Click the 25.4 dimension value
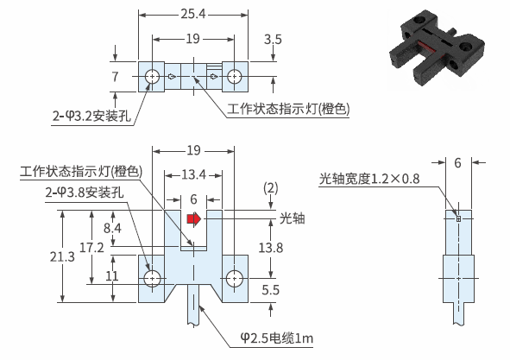[x=193, y=14]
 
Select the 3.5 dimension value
[x=273, y=40]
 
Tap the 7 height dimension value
[x=115, y=77]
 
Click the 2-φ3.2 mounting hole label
[x=91, y=116]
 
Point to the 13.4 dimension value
[x=193, y=174]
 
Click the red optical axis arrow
[x=194, y=218]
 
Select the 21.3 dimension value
[x=62, y=256]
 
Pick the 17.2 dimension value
[x=91, y=248]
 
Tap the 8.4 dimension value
[x=112, y=228]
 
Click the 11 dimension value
[x=112, y=276]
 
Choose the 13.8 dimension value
[x=271, y=248]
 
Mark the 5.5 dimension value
[x=271, y=290]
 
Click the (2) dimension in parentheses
[x=271, y=188]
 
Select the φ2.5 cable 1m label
[x=277, y=338]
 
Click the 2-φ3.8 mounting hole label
[x=85, y=193]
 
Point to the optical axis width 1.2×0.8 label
[x=369, y=179]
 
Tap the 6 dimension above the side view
[x=457, y=163]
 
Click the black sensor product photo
[x=437, y=48]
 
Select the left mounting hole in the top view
[x=152, y=77]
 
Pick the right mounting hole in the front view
[x=234, y=279]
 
